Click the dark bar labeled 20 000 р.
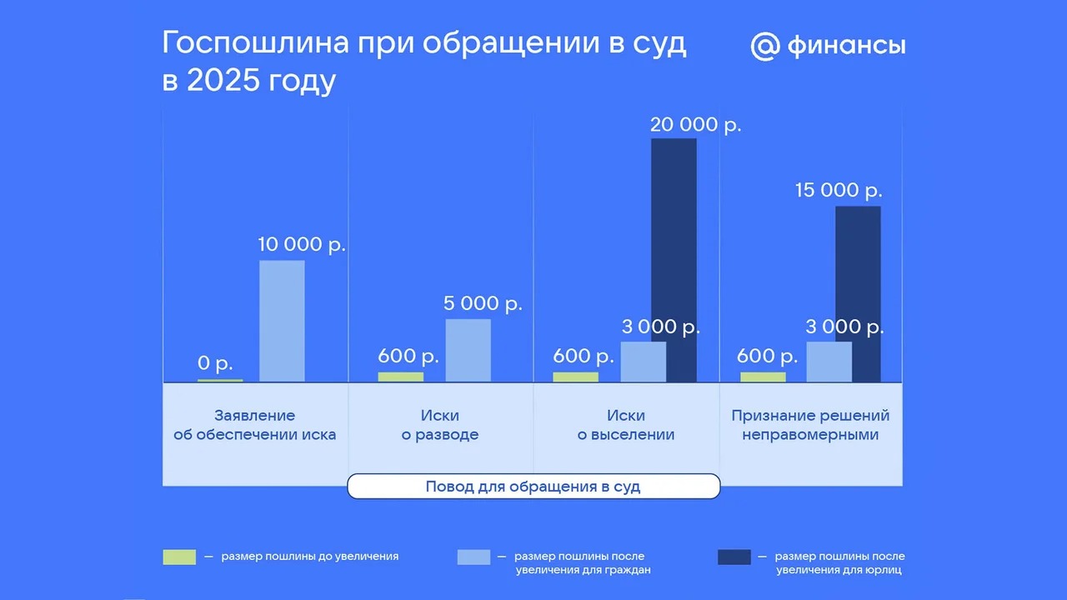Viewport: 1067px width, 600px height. (674, 260)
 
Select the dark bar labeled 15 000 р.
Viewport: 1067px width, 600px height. (858, 294)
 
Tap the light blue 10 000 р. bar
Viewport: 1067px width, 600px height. (282, 321)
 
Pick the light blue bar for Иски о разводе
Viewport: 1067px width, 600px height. (468, 351)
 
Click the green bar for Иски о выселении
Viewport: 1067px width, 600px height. (575, 377)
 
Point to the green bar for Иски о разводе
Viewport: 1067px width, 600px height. (401, 377)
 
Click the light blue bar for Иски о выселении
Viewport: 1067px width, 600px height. (643, 362)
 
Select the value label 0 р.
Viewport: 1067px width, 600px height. (215, 364)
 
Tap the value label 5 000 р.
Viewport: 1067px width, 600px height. (483, 304)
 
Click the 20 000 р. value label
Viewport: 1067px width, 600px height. (696, 125)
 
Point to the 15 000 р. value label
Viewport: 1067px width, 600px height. (839, 191)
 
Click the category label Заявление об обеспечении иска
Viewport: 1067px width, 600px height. (255, 425)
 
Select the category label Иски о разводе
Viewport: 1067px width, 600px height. (439, 425)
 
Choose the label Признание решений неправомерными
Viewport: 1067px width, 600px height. (810, 425)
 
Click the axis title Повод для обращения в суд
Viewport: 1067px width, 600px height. (533, 487)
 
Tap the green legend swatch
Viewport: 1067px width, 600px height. (179, 557)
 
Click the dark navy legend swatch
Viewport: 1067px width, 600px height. (734, 557)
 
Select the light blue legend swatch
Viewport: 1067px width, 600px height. (474, 557)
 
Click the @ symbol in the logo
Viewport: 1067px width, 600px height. (765, 46)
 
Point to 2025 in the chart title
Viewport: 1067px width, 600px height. (223, 79)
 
